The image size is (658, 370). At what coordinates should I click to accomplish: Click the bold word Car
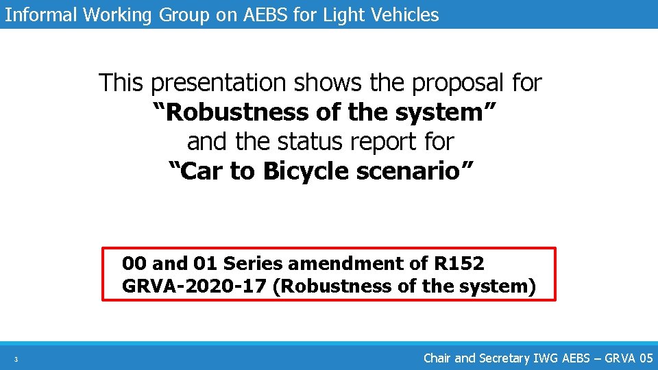click(203, 171)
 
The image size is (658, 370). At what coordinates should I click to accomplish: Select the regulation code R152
click(459, 263)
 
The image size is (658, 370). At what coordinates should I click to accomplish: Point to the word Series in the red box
click(253, 263)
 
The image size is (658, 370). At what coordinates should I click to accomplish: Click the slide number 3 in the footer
click(16, 359)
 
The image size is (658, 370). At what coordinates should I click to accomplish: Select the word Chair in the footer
click(437, 358)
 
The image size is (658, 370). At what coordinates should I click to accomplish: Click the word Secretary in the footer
click(504, 358)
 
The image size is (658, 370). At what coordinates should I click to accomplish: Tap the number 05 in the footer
click(645, 358)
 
